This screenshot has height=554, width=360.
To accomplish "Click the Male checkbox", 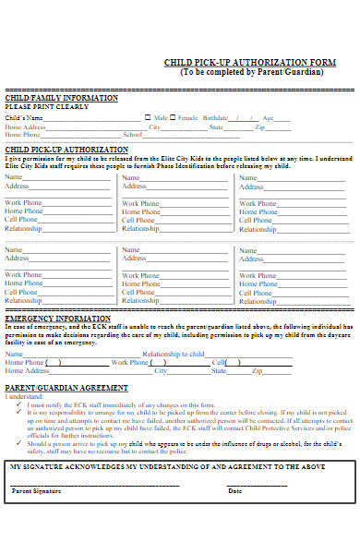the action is click(147, 118).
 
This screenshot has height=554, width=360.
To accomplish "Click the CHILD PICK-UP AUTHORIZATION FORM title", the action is click(249, 63).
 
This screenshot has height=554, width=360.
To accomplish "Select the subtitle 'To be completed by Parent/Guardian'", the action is click(252, 72).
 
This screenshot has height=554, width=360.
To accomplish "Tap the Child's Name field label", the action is click(24, 118).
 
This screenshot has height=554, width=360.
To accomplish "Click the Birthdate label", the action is click(214, 118).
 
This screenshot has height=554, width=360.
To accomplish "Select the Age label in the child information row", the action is click(269, 118).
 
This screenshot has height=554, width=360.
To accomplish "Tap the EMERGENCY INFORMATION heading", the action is click(57, 318).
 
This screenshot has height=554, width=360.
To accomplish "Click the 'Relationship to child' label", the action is click(174, 354).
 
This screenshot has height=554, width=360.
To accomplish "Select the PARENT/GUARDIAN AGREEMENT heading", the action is click(66, 387).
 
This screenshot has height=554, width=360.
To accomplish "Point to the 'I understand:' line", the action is click(25, 396).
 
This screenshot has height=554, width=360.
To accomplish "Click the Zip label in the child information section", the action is click(260, 126).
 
